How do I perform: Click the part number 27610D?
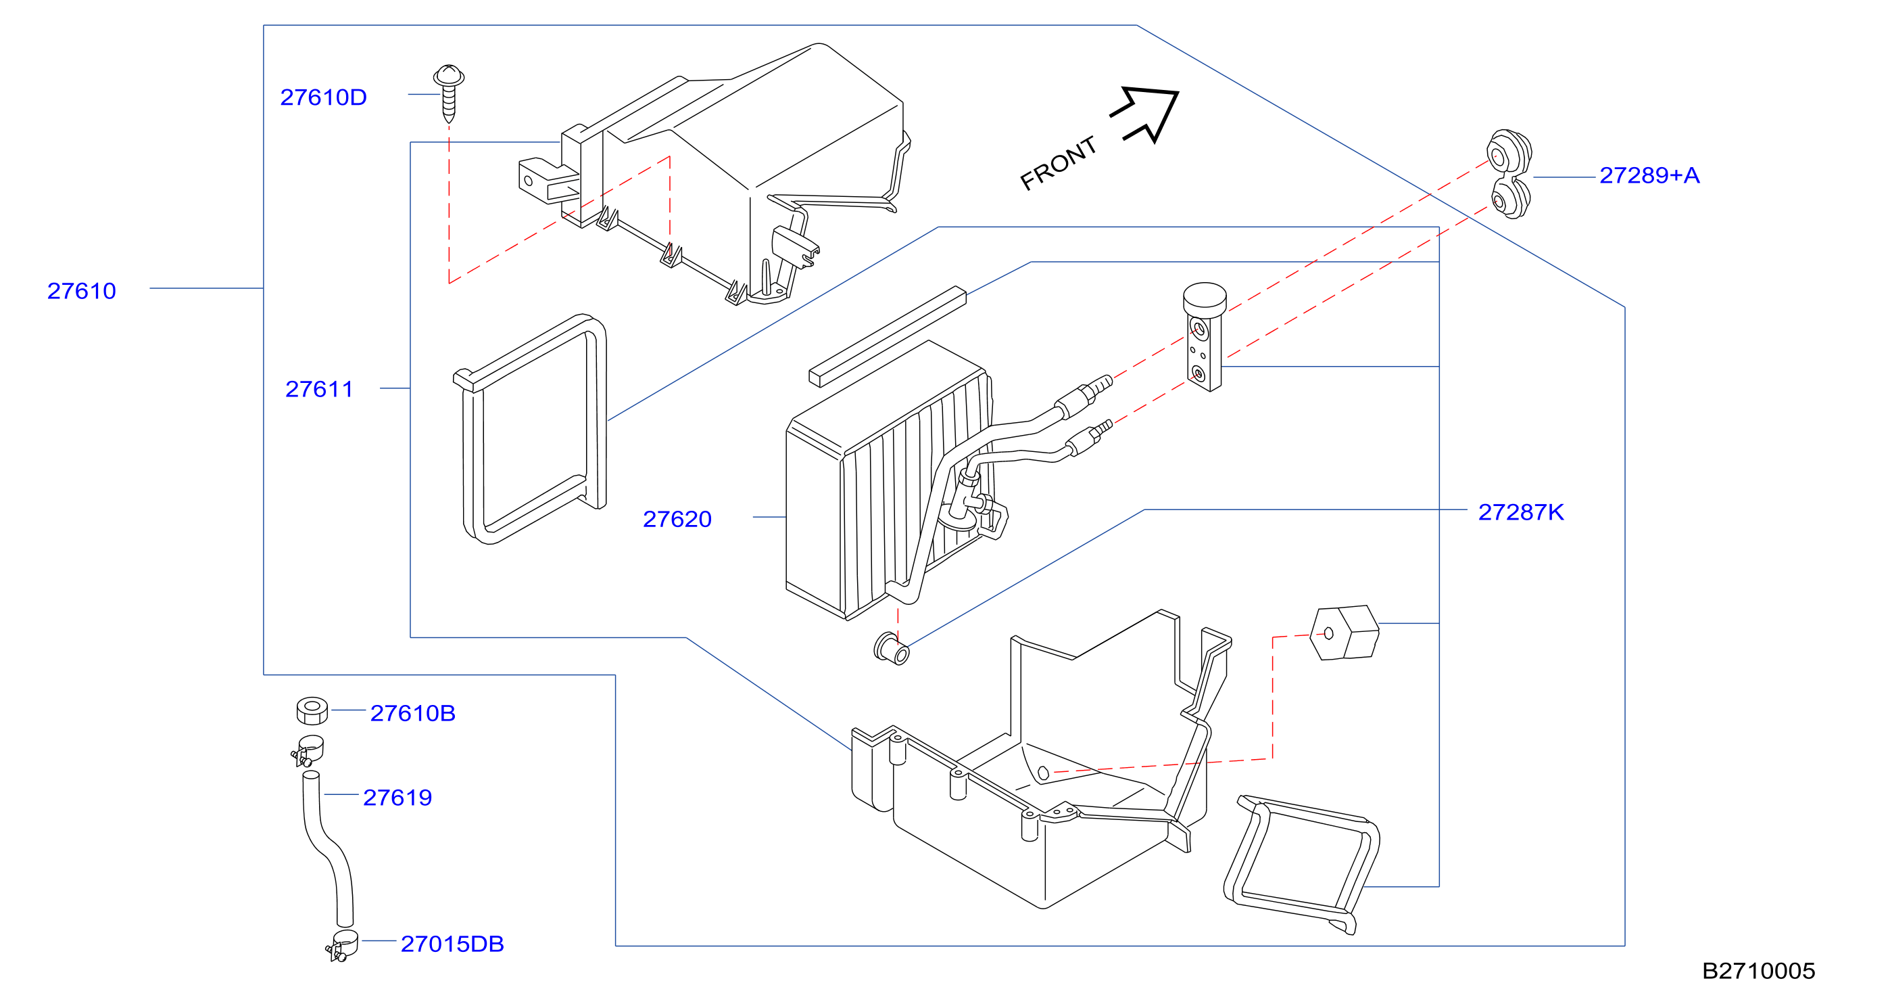point(323,97)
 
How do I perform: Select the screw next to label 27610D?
point(449,93)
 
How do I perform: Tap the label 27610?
point(81,291)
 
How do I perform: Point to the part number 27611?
point(319,390)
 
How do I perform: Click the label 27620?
point(677,519)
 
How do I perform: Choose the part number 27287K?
point(1521,512)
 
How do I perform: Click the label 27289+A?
point(1649,175)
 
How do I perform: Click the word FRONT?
point(1058,163)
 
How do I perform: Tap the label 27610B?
point(412,713)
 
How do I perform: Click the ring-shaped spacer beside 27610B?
point(312,710)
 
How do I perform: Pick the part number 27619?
point(397,797)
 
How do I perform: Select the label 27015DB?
point(452,944)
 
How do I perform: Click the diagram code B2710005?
point(1758,971)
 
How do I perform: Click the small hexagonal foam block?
point(1344,633)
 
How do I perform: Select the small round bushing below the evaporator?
point(891,648)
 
